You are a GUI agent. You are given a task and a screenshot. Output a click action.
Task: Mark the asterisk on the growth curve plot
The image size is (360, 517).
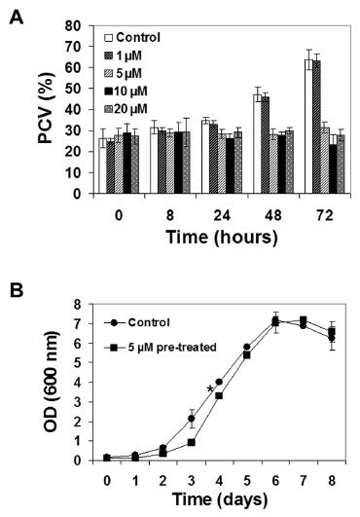(209, 390)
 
